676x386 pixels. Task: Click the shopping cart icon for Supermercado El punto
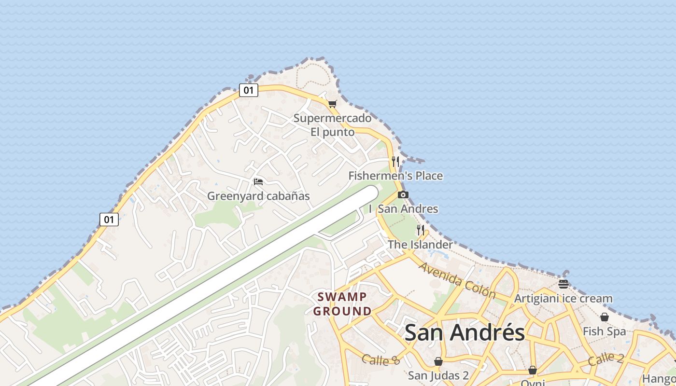click(332, 103)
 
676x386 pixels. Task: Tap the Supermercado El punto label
click(332, 125)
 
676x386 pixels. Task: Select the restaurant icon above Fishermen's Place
click(395, 161)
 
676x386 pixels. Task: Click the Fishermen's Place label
click(395, 176)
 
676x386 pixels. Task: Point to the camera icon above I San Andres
click(403, 195)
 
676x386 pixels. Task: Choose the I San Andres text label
click(404, 209)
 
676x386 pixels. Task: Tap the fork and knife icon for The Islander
click(421, 230)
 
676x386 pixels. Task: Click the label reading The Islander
click(420, 245)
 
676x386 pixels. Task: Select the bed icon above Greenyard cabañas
click(258, 182)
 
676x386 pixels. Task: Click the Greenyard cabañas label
click(258, 196)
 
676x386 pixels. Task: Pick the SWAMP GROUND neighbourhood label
click(342, 304)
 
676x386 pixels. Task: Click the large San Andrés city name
click(465, 332)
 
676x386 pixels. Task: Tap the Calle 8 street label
click(381, 359)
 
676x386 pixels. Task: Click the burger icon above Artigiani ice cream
click(563, 284)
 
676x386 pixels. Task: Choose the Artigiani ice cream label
click(563, 299)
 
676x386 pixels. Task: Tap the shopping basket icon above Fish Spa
click(604, 317)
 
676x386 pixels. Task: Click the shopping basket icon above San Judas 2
click(438, 361)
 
